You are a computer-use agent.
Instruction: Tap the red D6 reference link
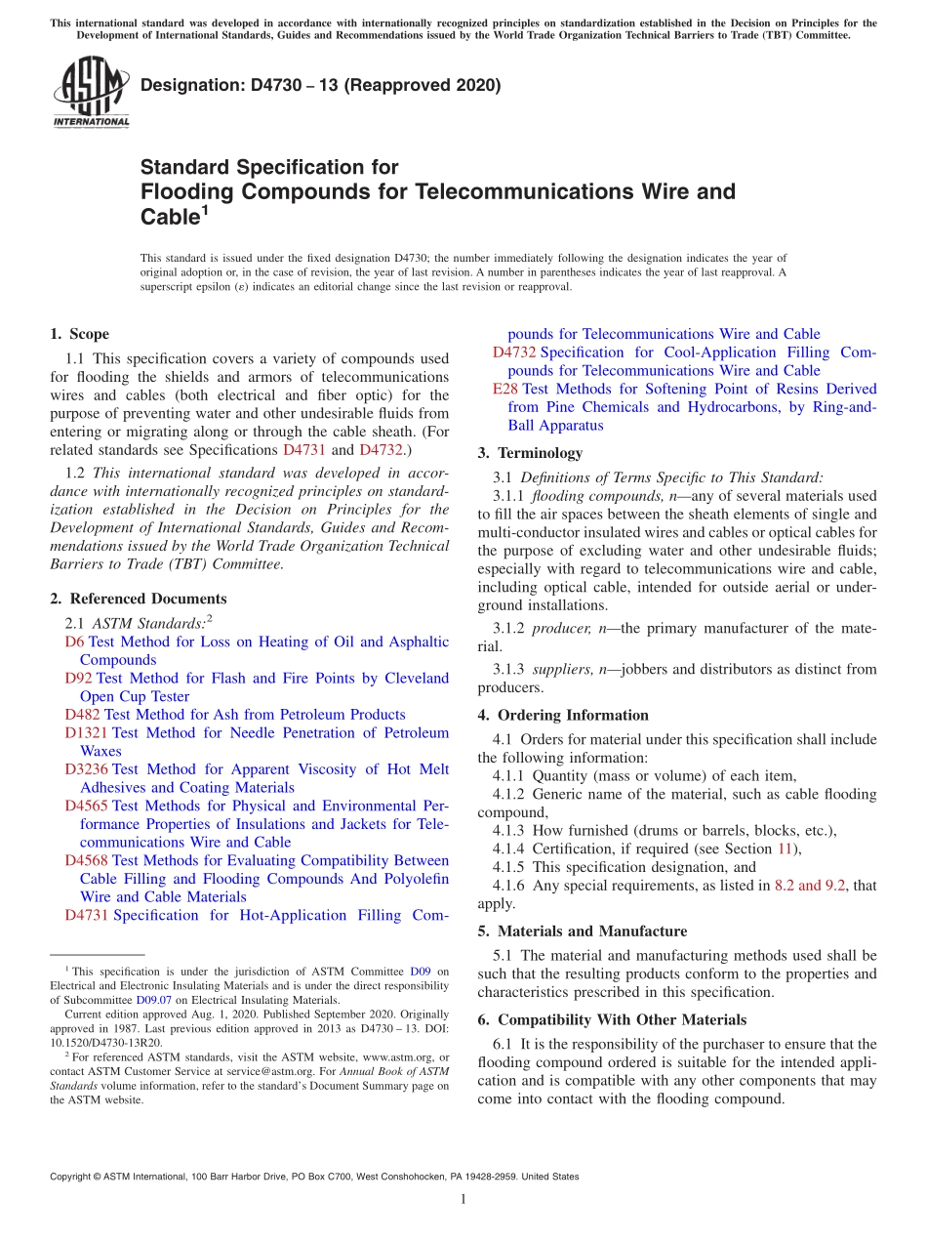pyautogui.click(x=74, y=642)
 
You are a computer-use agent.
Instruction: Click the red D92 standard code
pyautogui.click(x=79, y=678)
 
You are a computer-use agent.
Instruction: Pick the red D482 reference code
pyautogui.click(x=83, y=715)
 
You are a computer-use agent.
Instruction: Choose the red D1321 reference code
pyautogui.click(x=87, y=732)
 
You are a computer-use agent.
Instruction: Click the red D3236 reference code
pyautogui.click(x=87, y=769)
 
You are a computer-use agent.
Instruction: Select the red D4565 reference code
pyautogui.click(x=87, y=806)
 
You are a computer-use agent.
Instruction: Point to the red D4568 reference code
pyautogui.click(x=87, y=860)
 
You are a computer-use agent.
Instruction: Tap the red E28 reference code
pyautogui.click(x=504, y=389)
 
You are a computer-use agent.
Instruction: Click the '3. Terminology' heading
pyautogui.click(x=530, y=453)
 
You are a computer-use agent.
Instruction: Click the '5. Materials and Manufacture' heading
pyautogui.click(x=582, y=931)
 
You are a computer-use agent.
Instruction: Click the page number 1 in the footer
pyautogui.click(x=463, y=1200)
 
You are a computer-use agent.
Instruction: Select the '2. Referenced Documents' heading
pyautogui.click(x=138, y=599)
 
